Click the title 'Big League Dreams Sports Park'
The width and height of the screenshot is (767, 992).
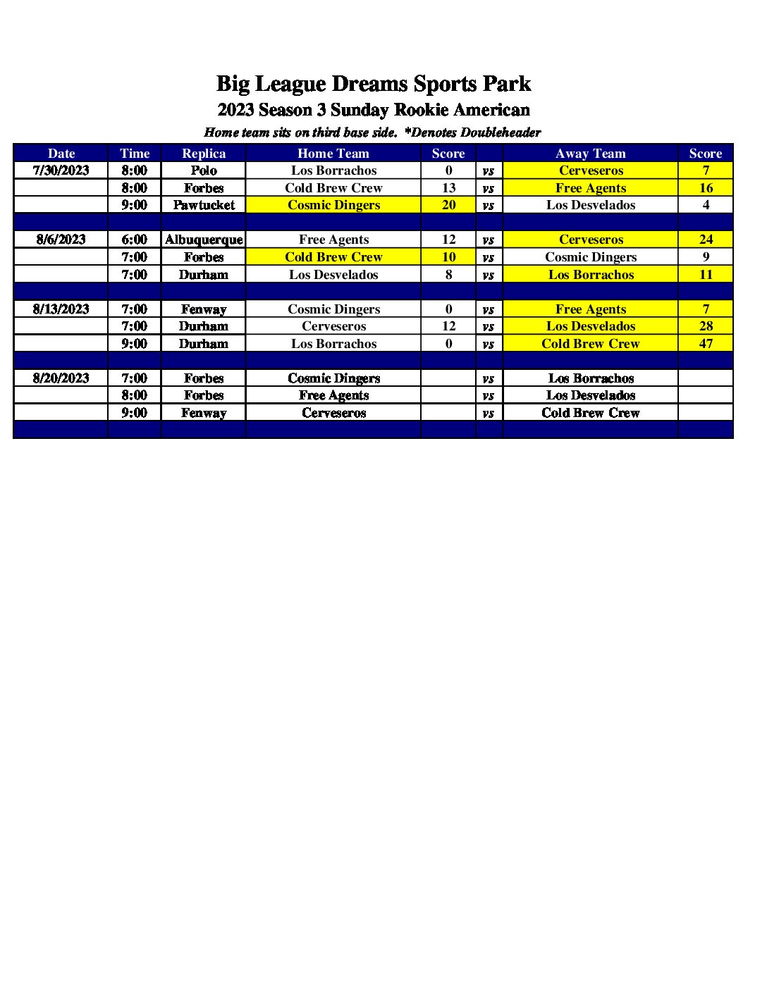click(x=373, y=84)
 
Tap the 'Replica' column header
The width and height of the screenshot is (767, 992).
click(x=204, y=153)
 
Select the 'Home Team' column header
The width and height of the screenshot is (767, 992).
click(x=333, y=153)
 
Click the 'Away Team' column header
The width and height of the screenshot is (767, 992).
click(x=590, y=153)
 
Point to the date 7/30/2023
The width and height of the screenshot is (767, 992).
click(x=61, y=170)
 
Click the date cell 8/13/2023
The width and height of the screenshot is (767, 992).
click(x=61, y=309)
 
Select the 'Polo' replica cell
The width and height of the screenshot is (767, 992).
click(x=204, y=170)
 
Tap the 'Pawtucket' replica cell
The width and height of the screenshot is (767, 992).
click(x=204, y=205)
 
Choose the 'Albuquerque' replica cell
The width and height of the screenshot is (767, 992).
click(x=204, y=240)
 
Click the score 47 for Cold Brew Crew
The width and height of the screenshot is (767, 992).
click(x=706, y=344)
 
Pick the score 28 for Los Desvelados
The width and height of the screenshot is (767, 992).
click(x=706, y=326)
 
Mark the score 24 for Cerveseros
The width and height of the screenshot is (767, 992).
click(x=706, y=240)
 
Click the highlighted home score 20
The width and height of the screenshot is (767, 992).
click(x=448, y=205)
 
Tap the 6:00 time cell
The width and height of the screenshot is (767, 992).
click(x=135, y=240)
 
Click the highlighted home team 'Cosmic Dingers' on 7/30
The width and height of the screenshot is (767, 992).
click(x=333, y=205)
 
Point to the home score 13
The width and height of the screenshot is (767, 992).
click(x=448, y=188)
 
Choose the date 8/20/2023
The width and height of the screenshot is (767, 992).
click(x=61, y=378)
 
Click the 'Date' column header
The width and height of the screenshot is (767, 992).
click(x=61, y=153)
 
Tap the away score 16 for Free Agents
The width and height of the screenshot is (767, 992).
click(x=706, y=188)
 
